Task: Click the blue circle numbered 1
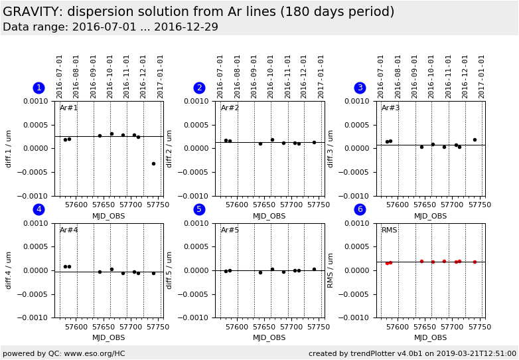pyautogui.click(x=38, y=88)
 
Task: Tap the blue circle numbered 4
pyautogui.click(x=38, y=210)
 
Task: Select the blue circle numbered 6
pyautogui.click(x=360, y=210)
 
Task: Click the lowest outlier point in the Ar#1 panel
pyautogui.click(x=153, y=163)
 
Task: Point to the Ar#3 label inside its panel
pyautogui.click(x=391, y=108)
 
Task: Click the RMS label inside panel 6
pyautogui.click(x=390, y=230)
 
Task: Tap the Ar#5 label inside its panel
pyautogui.click(x=230, y=230)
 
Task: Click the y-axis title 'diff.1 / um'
pyautogui.click(x=9, y=149)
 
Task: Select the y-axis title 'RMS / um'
pyautogui.click(x=331, y=271)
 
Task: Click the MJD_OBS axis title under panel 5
pyautogui.click(x=269, y=338)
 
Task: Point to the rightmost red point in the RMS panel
pyautogui.click(x=475, y=262)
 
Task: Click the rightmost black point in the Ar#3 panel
pyautogui.click(x=475, y=139)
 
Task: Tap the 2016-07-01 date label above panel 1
pyautogui.click(x=60, y=76)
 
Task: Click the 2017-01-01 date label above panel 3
pyautogui.click(x=482, y=76)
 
